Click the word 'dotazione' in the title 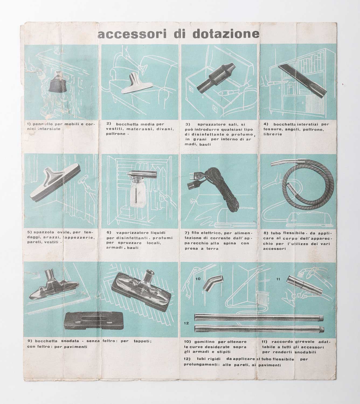pyautogui.click(x=226, y=34)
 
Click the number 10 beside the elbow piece pyautogui.click(x=198, y=279)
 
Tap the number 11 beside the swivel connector pyautogui.click(x=278, y=279)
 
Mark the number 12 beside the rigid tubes pyautogui.click(x=186, y=323)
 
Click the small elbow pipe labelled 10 pyautogui.click(x=213, y=283)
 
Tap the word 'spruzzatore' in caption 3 pyautogui.click(x=209, y=124)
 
